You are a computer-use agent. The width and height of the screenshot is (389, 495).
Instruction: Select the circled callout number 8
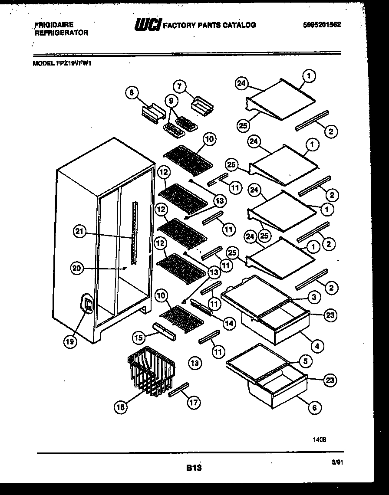point(130,92)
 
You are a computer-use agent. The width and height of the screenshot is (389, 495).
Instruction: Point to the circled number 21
point(79,232)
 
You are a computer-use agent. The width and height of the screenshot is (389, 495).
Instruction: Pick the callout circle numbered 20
point(76,269)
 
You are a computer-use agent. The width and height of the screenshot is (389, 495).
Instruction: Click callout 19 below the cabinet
point(70,342)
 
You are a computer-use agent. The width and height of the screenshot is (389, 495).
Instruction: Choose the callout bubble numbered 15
point(138,337)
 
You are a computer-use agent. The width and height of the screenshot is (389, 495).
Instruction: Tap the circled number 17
point(194,403)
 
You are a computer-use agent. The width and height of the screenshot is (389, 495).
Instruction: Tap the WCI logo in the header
point(148,26)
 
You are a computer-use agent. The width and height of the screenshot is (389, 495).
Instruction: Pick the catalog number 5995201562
point(321,25)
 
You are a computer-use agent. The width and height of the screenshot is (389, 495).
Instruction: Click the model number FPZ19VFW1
point(63,62)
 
